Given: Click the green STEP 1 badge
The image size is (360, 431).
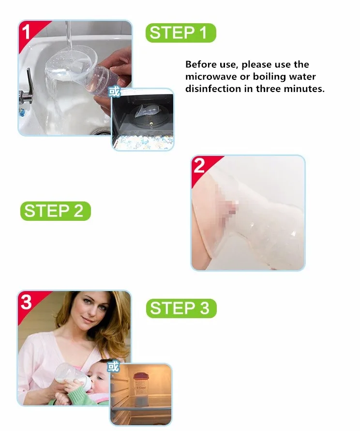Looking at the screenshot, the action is coord(180,33).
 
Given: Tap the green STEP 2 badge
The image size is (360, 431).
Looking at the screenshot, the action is coord(56,211).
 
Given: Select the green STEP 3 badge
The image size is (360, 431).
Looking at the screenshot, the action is coord(181,308).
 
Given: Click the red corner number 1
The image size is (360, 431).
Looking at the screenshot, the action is coord(26,32).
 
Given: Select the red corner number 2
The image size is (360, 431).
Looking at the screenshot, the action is coord(199,166).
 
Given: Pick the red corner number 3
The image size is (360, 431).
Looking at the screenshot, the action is coord(26,302).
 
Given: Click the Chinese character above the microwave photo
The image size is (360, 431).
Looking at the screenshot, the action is coord(114,92).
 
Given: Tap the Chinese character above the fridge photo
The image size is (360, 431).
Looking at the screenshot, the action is coord(113,367).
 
